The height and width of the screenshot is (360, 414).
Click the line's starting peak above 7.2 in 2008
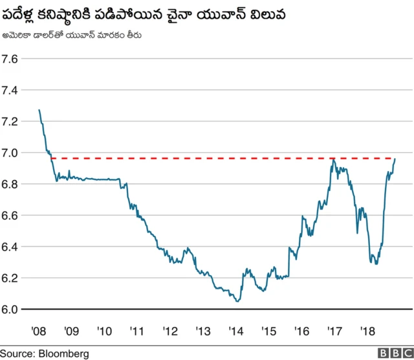pyautogui.click(x=39, y=110)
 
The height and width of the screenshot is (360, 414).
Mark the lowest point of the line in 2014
pyautogui.click(x=237, y=301)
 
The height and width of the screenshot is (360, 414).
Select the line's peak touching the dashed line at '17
pyautogui.click(x=333, y=158)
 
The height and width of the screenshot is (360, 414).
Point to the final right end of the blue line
pyautogui.click(x=395, y=159)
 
